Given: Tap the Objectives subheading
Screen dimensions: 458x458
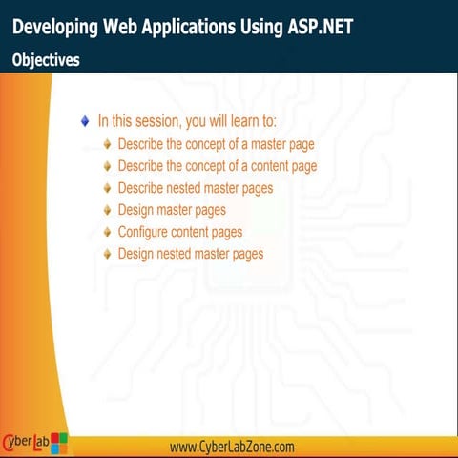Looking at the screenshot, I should (x=46, y=59).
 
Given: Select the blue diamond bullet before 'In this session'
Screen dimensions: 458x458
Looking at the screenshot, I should (x=85, y=121).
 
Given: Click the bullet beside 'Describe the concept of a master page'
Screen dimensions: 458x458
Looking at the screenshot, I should (x=108, y=144).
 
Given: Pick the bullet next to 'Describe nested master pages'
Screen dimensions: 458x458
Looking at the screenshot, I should (x=108, y=188).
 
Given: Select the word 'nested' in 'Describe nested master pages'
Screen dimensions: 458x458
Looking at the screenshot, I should (x=190, y=188).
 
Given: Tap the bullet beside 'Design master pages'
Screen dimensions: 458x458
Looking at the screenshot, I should (x=108, y=210).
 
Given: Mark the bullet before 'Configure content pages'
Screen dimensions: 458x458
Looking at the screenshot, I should (x=108, y=232).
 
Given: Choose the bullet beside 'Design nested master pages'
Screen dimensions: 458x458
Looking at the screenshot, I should (x=108, y=254).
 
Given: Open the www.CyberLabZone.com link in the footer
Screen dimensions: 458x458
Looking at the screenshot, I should (x=232, y=447).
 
